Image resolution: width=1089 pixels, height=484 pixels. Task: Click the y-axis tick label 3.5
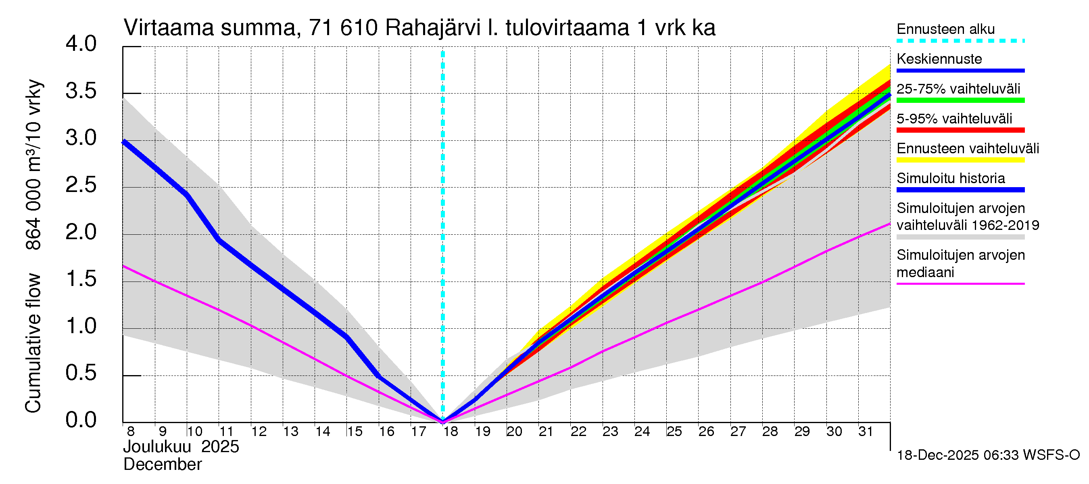(81, 91)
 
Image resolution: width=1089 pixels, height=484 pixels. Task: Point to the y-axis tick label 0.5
(81, 373)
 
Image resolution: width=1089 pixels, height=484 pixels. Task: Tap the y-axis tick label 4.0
(81, 44)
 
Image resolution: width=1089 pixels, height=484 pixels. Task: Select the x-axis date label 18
(451, 432)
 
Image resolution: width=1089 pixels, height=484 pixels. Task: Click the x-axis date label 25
(674, 432)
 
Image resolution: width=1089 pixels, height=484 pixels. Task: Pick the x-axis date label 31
(866, 432)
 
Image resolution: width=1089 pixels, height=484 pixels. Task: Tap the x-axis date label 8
(131, 432)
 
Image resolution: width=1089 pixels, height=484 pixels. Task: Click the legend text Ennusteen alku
(945, 29)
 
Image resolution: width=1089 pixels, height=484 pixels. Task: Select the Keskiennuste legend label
(939, 59)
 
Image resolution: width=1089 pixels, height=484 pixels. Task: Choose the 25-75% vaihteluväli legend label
(958, 89)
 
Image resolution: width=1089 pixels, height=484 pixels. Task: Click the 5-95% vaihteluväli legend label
(954, 119)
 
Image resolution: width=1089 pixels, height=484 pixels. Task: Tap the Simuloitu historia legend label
(950, 178)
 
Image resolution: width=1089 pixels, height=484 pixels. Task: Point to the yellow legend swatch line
(960, 160)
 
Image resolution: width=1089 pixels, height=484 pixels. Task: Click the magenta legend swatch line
(960, 284)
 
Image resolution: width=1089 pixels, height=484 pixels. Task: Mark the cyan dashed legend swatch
(960, 41)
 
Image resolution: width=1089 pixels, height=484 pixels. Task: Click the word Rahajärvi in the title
(433, 28)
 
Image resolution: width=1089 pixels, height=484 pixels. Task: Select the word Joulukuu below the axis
(157, 447)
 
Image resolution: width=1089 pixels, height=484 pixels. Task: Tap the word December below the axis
(162, 465)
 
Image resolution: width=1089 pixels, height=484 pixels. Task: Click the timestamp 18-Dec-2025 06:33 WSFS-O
(988, 455)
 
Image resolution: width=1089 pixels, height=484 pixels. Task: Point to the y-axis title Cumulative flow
(33, 343)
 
